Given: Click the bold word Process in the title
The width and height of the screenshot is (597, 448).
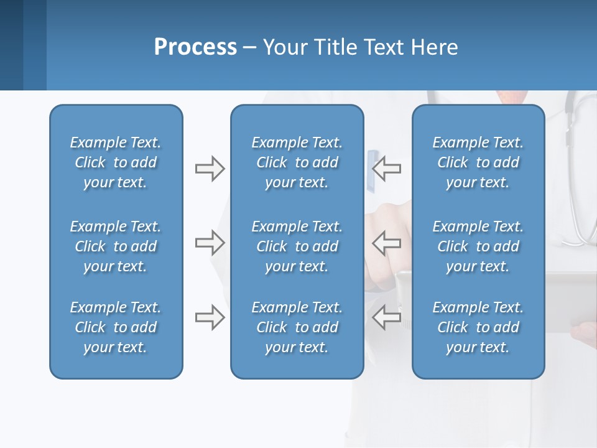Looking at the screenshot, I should (x=195, y=47).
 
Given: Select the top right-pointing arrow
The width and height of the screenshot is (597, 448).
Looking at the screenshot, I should (x=210, y=169).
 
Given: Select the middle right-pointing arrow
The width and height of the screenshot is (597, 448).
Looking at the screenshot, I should (x=210, y=243).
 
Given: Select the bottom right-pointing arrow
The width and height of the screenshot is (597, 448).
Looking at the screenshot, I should (x=210, y=317).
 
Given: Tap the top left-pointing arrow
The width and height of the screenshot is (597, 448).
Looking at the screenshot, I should (x=387, y=169).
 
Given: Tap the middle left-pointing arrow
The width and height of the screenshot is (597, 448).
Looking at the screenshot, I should (x=387, y=243).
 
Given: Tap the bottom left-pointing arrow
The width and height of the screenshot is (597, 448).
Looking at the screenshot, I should (x=387, y=317).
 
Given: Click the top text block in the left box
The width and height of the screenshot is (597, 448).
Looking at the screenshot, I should (x=116, y=162).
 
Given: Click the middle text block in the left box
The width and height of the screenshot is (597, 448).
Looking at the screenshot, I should (x=116, y=246).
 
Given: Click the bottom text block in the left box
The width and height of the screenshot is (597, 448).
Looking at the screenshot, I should (x=116, y=327).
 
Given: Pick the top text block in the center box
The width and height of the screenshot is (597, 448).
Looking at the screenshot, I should (x=297, y=162).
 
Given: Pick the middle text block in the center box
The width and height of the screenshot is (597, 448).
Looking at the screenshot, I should (x=297, y=246).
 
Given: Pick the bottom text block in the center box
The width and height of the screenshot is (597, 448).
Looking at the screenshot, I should (x=297, y=327).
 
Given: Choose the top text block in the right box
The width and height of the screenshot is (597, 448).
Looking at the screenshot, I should (x=478, y=162).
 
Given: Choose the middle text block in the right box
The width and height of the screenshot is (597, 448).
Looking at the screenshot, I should (x=478, y=246).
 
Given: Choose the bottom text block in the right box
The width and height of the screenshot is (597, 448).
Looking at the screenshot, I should (x=478, y=327).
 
